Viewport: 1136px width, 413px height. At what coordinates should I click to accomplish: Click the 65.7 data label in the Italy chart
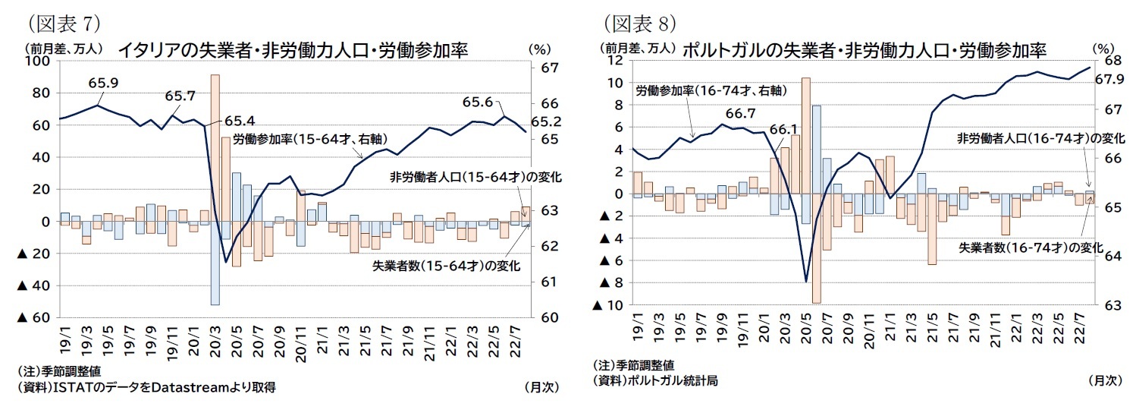click(180, 96)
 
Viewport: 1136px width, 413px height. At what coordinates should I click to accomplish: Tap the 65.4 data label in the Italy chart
click(240, 121)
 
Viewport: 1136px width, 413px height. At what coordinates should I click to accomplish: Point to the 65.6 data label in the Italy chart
click(478, 102)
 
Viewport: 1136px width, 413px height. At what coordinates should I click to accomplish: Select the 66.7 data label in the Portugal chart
click(740, 113)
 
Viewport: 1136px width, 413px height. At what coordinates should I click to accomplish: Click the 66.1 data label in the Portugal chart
click(784, 130)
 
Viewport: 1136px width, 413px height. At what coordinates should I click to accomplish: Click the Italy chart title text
click(292, 50)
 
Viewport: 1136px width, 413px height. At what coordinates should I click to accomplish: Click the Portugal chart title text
click(865, 50)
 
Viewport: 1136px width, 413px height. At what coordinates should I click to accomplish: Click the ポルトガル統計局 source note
click(655, 380)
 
